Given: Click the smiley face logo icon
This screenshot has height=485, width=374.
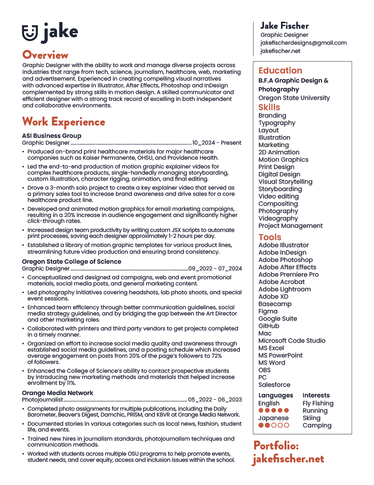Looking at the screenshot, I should (30, 33).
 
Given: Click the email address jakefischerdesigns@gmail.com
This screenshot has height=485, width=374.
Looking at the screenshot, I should (303, 43).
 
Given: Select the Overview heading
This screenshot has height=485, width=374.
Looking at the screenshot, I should (45, 55).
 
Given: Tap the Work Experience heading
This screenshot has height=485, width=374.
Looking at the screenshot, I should (64, 122).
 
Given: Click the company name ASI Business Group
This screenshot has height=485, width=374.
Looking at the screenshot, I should (52, 136).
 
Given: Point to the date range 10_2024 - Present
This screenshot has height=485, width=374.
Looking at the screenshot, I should (216, 143).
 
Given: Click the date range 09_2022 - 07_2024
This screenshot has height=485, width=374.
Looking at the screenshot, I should (215, 269).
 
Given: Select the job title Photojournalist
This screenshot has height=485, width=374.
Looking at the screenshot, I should (43, 400).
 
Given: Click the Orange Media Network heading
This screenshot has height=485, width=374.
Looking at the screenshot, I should (57, 393).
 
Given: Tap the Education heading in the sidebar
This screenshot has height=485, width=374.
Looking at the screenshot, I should (280, 71).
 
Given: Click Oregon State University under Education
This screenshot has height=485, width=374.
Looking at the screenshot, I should (294, 98).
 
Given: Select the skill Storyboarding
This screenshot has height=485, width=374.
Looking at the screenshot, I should (280, 189).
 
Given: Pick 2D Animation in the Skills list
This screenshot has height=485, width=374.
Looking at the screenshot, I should (279, 152).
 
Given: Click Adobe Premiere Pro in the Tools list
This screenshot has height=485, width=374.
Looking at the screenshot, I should (288, 275).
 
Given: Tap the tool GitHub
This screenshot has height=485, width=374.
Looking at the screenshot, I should (269, 326).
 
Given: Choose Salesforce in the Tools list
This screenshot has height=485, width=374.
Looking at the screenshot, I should (274, 385).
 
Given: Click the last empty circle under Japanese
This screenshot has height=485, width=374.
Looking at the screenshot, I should (287, 425).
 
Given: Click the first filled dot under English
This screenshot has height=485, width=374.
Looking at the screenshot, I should (261, 411).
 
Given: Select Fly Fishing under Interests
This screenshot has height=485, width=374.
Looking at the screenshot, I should (318, 403).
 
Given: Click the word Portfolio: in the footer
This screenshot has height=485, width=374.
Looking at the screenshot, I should (276, 446).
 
